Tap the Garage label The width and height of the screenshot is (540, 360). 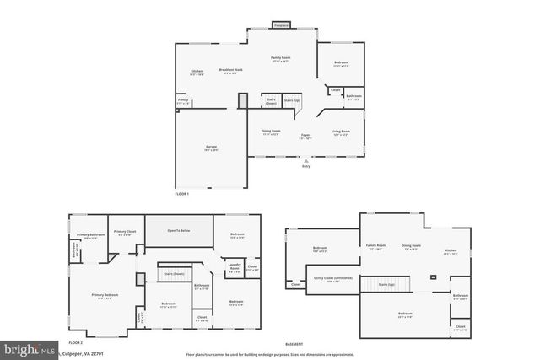click(211, 148)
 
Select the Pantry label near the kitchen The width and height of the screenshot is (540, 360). click(182, 100)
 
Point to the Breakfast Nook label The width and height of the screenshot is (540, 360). click(230, 70)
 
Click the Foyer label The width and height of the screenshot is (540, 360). click(305, 135)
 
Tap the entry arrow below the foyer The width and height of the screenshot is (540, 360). click(305, 160)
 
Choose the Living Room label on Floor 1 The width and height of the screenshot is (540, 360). click(340, 132)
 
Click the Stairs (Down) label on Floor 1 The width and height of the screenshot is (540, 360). click(272, 99)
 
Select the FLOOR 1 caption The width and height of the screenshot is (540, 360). click(182, 194)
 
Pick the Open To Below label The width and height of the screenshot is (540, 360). click(178, 229)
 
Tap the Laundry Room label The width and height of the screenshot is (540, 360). click(234, 267)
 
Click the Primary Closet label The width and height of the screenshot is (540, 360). click(122, 232)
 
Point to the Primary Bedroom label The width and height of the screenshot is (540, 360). click(105, 294)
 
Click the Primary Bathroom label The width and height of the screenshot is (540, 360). click(90, 235)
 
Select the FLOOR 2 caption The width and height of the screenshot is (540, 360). click(75, 342)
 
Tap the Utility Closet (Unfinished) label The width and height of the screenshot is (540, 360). click(333, 278)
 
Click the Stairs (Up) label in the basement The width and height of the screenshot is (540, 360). click(387, 285)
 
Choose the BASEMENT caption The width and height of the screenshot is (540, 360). click(294, 344)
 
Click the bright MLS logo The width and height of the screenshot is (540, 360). click(28, 347)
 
